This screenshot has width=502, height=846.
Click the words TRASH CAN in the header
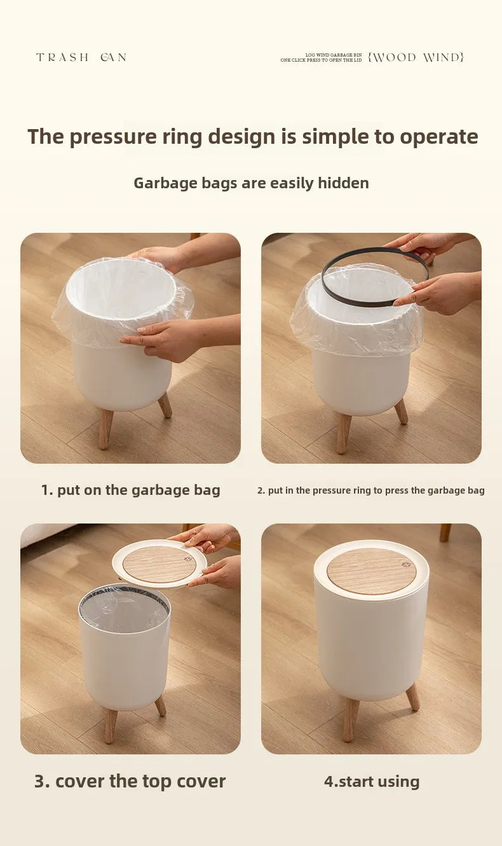tap(81, 57)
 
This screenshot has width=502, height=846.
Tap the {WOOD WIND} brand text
tap(416, 57)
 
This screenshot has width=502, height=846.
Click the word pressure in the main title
tap(113, 137)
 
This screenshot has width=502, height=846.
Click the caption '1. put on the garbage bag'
tap(131, 490)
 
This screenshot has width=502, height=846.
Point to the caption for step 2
tap(371, 490)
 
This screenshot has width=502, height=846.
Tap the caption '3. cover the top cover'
tap(130, 781)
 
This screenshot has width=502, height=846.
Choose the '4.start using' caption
tap(372, 781)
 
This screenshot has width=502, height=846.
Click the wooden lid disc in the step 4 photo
tap(372, 571)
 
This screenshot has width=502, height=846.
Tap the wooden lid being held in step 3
tap(159, 564)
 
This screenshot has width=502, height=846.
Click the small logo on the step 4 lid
tap(406, 565)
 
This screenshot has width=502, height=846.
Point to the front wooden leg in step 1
tap(105, 429)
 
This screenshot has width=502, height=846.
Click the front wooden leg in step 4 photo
tap(350, 720)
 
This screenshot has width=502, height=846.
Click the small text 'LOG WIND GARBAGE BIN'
tap(334, 55)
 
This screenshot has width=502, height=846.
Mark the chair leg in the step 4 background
tap(445, 532)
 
